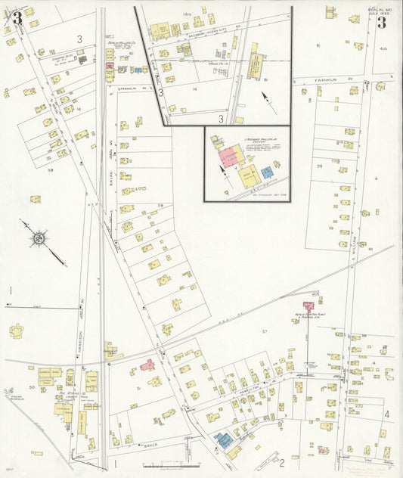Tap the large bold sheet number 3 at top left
[x=16, y=17]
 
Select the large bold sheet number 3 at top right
[x=381, y=22]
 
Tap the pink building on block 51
[x=147, y=365]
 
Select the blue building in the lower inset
[x=267, y=172]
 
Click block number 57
[x=265, y=332]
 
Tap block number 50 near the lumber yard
[x=32, y=386]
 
